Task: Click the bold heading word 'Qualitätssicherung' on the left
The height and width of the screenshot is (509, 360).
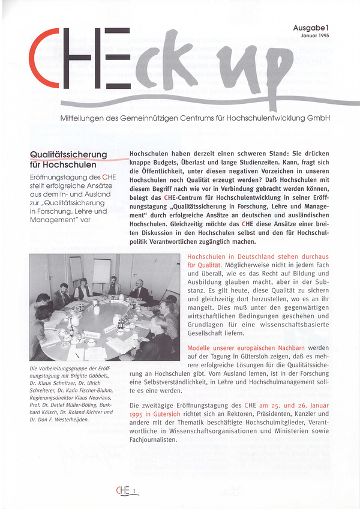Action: [x=68, y=154]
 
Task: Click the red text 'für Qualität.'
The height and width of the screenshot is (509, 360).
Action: [x=205, y=265]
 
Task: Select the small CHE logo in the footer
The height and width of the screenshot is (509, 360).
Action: [x=123, y=491]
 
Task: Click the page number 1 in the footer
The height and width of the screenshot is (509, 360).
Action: [x=136, y=492]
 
